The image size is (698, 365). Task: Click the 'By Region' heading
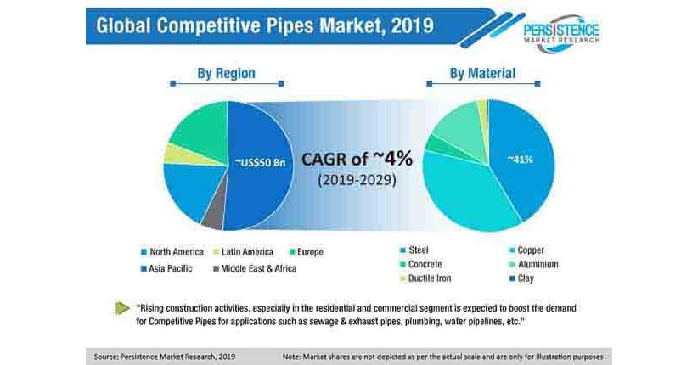point(226,73)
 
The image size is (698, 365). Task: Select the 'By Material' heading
point(481,73)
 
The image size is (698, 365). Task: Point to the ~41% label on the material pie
point(521,159)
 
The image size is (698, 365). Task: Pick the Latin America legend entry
point(246,252)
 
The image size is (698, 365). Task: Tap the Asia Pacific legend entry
point(170,267)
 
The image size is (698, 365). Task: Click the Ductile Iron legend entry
point(429,278)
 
